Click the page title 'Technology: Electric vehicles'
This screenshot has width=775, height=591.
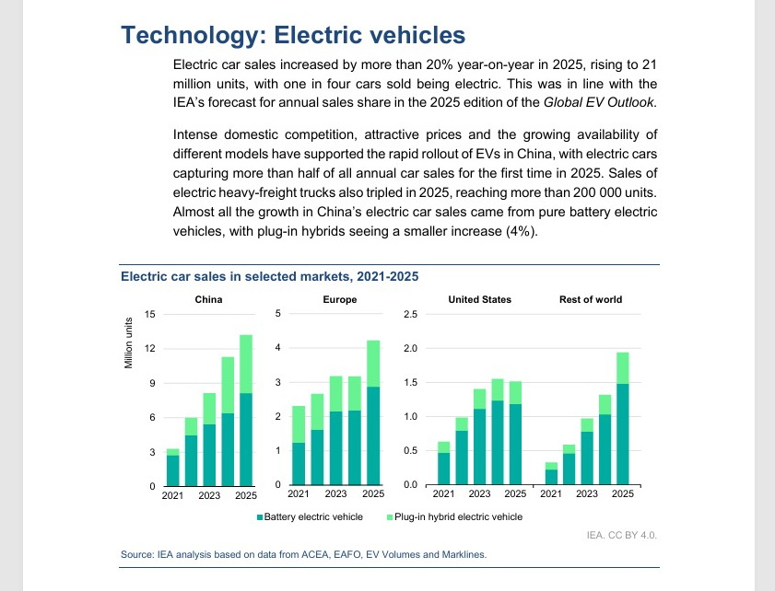click(293, 36)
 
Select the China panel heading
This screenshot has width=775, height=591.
click(208, 299)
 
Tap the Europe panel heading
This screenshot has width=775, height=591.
click(340, 299)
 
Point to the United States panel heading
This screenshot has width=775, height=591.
click(479, 299)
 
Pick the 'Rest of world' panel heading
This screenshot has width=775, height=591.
click(591, 299)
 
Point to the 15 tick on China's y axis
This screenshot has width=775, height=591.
click(150, 315)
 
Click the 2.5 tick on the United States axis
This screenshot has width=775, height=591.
click(411, 315)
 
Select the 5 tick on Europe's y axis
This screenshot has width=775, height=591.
click(278, 315)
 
